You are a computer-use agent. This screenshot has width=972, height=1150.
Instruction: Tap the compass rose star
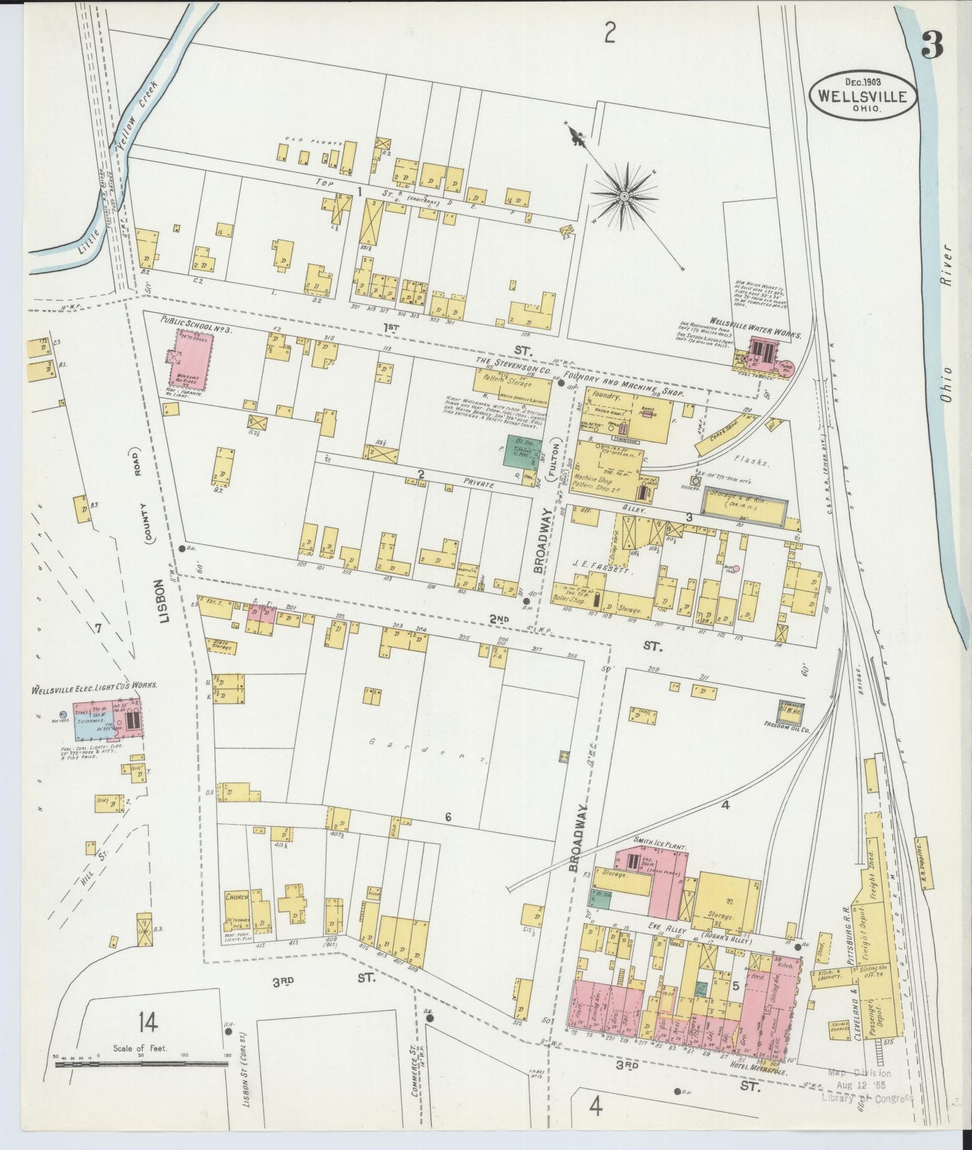624,196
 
